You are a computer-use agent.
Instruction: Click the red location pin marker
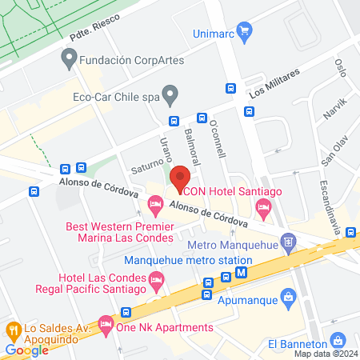click(x=181, y=178)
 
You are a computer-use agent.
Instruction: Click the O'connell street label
click(x=217, y=141)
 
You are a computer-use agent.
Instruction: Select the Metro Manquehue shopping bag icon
click(x=289, y=239)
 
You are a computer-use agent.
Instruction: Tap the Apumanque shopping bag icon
click(x=290, y=299)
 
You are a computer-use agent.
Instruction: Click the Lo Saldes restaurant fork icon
click(x=13, y=329)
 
